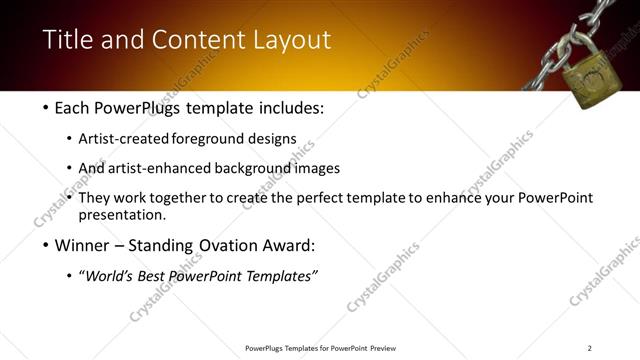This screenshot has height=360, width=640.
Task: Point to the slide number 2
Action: (589, 348)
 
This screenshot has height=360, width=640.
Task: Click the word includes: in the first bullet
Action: (290, 107)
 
